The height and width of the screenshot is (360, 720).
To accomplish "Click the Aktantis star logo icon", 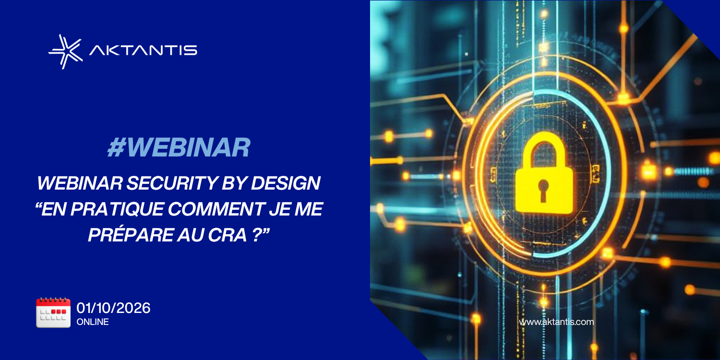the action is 66,52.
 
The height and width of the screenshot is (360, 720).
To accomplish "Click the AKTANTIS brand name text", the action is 144,50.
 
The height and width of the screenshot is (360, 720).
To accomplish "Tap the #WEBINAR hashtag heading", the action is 179,147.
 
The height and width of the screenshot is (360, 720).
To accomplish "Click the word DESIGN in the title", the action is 286,183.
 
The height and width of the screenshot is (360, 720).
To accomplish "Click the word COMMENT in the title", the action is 216,209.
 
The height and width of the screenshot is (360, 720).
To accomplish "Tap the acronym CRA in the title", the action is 227,235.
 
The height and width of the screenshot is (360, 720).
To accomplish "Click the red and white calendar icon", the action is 53,313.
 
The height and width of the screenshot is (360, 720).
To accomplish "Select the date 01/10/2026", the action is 113,308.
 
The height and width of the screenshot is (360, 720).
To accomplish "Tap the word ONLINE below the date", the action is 93,322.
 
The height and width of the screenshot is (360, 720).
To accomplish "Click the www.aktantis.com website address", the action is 556,322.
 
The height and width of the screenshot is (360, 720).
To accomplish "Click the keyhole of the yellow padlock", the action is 543,190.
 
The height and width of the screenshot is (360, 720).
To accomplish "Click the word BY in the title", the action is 234,183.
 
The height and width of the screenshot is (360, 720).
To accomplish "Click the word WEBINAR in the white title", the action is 80,183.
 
